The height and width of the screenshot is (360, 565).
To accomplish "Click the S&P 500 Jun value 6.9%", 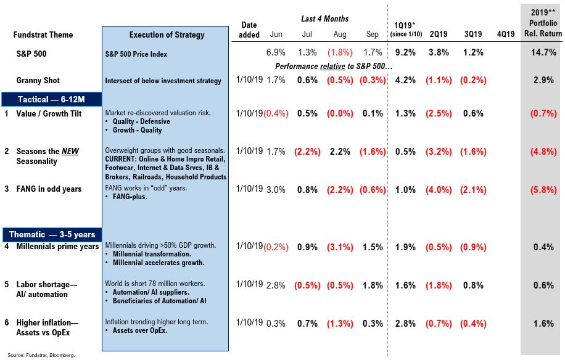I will point(276,53).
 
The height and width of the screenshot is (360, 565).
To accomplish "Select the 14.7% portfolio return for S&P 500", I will point(541,53).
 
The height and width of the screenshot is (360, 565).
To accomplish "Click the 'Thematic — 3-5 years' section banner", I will point(52,234).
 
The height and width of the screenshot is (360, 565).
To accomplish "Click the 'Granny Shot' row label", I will point(38,80).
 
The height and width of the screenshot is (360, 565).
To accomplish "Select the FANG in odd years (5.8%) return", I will point(541,190).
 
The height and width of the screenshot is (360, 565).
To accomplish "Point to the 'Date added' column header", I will point(249,30).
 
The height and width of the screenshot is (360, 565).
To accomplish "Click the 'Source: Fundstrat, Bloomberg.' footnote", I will point(41,355).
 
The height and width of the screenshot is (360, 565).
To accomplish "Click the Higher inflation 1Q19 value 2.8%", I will point(405,323).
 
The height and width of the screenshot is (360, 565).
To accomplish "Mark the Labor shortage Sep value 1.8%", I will point(374,285).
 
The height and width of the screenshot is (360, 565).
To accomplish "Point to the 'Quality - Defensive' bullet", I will point(141,121).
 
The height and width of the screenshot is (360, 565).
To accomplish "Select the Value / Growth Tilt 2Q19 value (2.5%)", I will point(439,113).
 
